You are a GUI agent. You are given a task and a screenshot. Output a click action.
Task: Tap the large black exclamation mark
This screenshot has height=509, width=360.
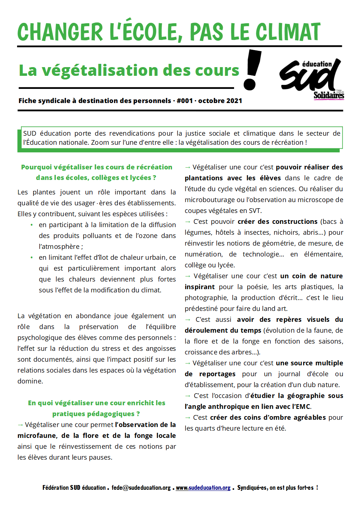[252, 70]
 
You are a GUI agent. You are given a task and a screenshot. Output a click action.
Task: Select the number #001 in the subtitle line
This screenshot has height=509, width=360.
[185, 101]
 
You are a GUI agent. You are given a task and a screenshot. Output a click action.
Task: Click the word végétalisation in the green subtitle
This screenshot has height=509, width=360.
[100, 70]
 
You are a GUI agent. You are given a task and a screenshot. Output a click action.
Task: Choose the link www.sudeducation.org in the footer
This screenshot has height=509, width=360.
[203, 488]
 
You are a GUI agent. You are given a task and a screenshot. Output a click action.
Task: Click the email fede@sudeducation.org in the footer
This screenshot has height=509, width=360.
[141, 488]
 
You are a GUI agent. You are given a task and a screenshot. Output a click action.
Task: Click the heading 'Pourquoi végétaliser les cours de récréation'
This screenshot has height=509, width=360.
[97, 167]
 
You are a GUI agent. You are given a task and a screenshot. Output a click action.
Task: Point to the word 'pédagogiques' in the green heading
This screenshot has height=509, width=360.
[93, 414]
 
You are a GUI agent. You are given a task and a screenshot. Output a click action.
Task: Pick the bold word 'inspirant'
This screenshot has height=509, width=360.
[200, 287]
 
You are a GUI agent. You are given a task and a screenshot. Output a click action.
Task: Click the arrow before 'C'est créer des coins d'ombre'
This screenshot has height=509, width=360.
[188, 418]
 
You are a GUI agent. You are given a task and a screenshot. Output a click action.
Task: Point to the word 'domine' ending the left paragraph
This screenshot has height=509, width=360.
[30, 381]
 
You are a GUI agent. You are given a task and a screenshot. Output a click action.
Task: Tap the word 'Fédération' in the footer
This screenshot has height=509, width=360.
[56, 488]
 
